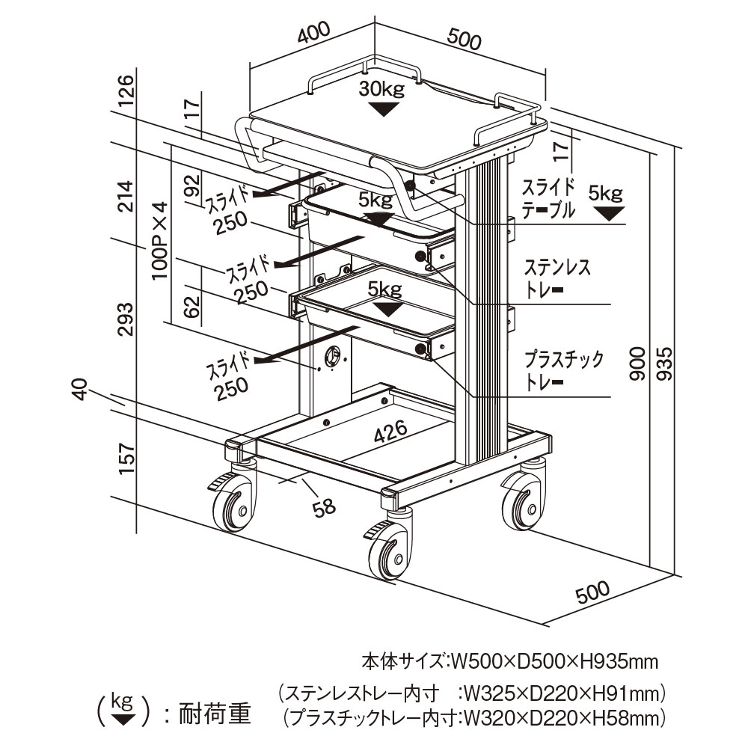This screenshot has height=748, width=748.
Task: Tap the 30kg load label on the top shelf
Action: pos(381,90)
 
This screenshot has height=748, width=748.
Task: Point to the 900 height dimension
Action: pos(637,364)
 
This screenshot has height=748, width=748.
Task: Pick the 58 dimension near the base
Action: pos(324,507)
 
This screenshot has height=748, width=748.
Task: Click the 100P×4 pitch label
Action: pos(159,240)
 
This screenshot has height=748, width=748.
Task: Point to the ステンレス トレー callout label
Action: pos(557,278)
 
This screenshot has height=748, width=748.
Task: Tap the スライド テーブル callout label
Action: pos(548,198)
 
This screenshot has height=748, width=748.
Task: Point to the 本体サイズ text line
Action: pos(509,661)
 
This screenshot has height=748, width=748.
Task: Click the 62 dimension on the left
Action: pos(192,305)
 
